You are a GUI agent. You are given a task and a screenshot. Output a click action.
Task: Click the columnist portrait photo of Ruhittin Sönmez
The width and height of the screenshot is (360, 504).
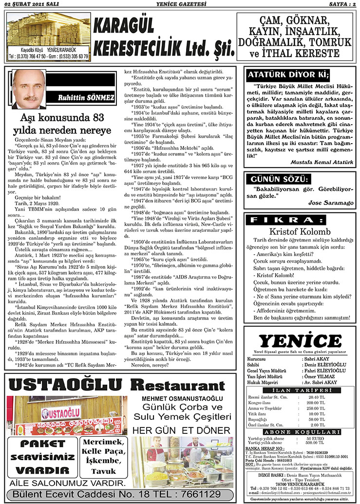(29, 90)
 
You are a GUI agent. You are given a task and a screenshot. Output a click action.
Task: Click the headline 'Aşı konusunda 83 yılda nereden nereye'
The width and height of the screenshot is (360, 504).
(62, 125)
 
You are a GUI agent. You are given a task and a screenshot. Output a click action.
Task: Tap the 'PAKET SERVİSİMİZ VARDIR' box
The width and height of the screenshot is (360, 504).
(40, 457)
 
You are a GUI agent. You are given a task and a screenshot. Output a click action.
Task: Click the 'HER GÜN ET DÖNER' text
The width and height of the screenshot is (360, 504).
(181, 430)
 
